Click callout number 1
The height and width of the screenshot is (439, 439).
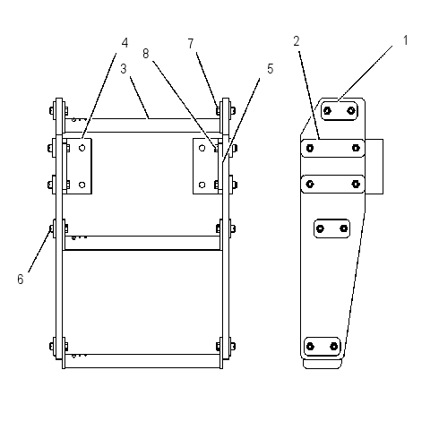coord(405,40)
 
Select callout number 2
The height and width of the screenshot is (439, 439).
coord(297,41)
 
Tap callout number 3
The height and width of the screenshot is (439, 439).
coord(124,69)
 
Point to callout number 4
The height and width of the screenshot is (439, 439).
coord(125,43)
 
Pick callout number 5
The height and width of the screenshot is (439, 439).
coord(270,69)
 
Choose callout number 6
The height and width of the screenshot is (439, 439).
coord(20,280)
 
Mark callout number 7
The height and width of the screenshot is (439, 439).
coord(191,44)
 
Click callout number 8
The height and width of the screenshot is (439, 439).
coord(145,54)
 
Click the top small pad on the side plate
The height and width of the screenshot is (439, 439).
coord(340,111)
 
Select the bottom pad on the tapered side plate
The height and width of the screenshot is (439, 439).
coord(323,347)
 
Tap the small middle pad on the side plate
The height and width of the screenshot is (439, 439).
coord(331,228)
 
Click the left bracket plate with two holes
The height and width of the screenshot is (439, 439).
coord(79,166)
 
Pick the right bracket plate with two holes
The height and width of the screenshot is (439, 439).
coord(205,166)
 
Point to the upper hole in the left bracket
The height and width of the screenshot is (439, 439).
coord(82,148)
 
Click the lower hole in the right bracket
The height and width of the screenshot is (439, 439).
coord(202,185)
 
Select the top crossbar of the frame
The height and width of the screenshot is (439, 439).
coord(142,125)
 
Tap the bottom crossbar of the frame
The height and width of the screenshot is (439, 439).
coord(142,361)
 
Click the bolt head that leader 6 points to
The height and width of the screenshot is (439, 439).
coord(51,228)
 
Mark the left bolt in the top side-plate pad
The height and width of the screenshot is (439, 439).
coord(327,111)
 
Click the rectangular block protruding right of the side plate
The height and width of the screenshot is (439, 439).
coord(374,167)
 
